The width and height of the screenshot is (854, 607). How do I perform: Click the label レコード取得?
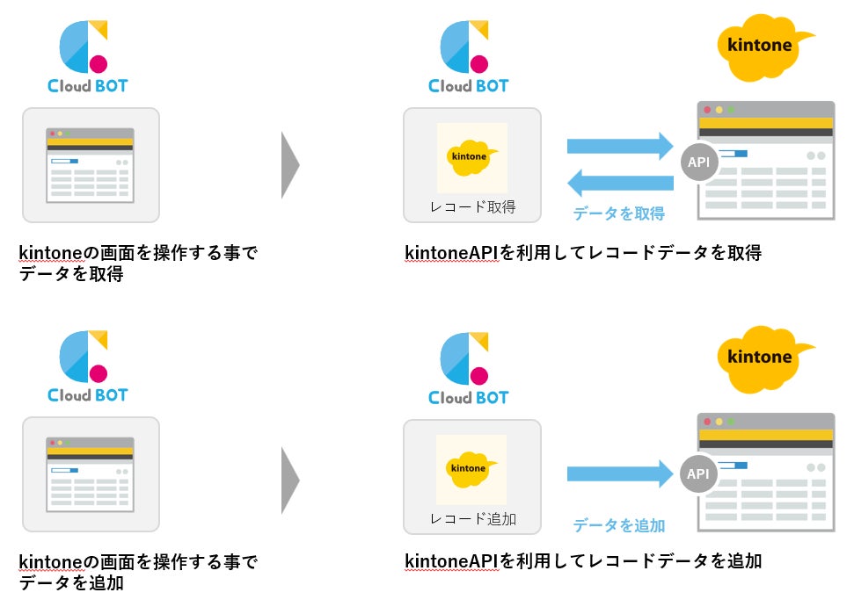click(x=471, y=207)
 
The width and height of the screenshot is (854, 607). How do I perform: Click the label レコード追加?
click(x=471, y=519)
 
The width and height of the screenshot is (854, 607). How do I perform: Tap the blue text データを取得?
click(x=619, y=213)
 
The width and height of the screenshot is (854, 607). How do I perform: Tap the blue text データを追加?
click(x=619, y=525)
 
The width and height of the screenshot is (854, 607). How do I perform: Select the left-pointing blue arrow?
click(x=620, y=183)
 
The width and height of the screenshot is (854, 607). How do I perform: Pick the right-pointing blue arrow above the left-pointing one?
click(x=620, y=146)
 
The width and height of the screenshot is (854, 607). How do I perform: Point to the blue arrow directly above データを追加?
click(x=620, y=474)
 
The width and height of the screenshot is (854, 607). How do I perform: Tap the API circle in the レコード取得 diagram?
click(x=698, y=162)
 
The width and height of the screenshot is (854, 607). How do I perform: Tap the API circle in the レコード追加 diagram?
click(x=698, y=474)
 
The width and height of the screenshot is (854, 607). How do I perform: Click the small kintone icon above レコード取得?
click(x=471, y=156)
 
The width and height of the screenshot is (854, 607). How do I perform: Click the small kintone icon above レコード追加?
click(x=471, y=468)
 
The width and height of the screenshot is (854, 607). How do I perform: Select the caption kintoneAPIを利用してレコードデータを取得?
click(x=582, y=253)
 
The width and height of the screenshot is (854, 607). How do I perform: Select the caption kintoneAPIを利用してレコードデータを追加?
click(x=582, y=561)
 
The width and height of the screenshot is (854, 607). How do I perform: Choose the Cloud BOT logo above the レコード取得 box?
click(x=469, y=57)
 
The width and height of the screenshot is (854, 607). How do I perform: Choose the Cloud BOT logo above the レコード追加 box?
click(x=469, y=369)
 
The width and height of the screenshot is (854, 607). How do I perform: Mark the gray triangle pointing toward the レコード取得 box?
click(x=290, y=165)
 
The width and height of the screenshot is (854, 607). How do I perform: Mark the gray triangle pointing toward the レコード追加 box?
click(x=290, y=480)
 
